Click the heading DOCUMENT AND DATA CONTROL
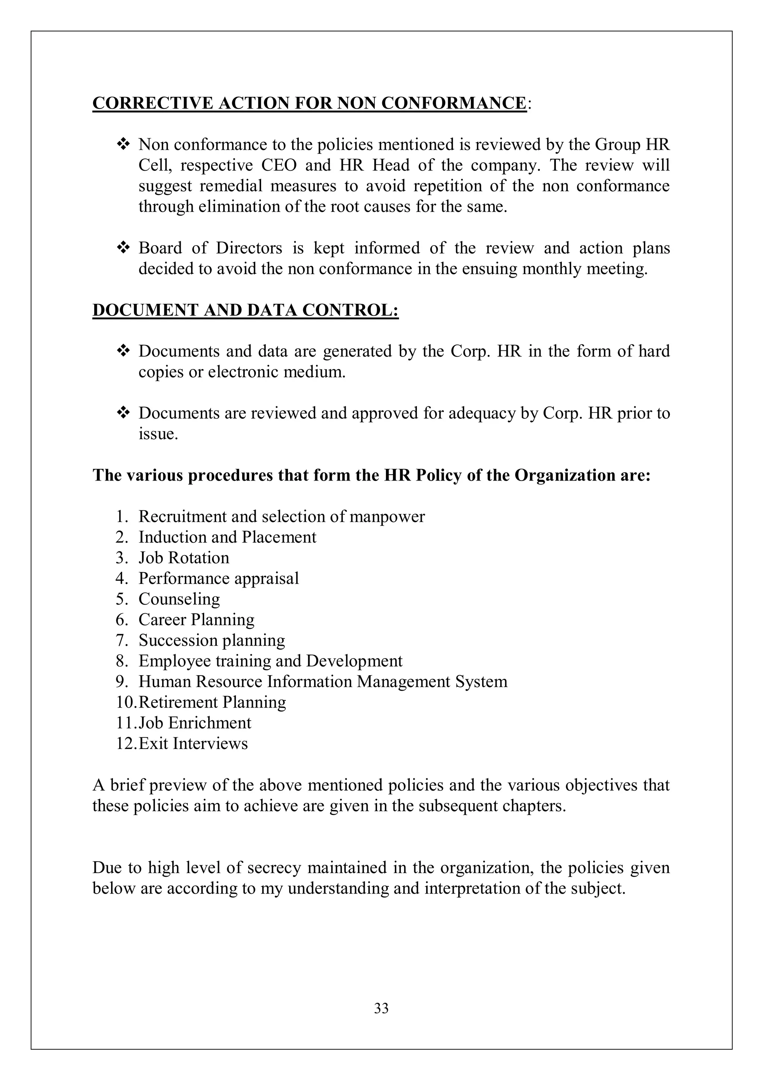click(246, 311)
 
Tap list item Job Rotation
click(183, 558)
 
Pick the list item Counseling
click(179, 599)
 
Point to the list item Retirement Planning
click(212, 702)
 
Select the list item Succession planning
click(212, 641)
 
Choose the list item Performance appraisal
click(219, 579)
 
